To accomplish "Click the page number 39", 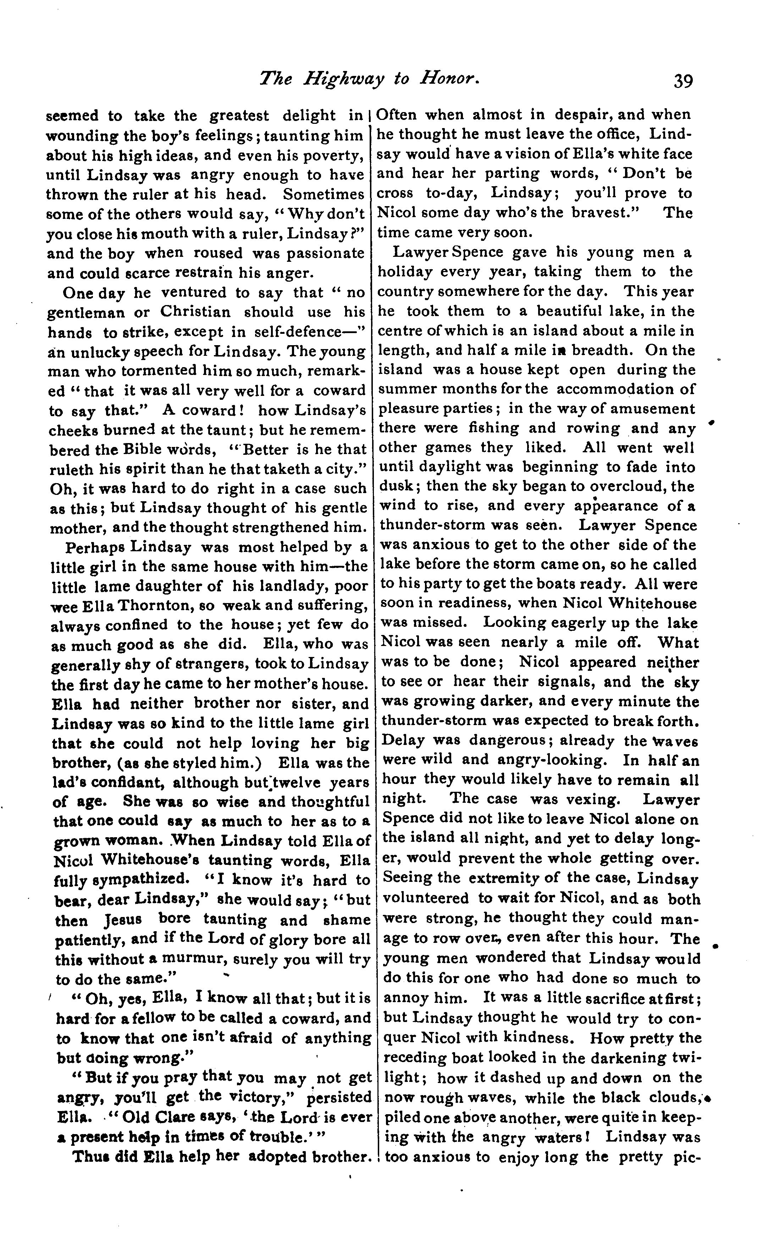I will coord(683,81).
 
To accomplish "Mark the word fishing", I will coord(493,428).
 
